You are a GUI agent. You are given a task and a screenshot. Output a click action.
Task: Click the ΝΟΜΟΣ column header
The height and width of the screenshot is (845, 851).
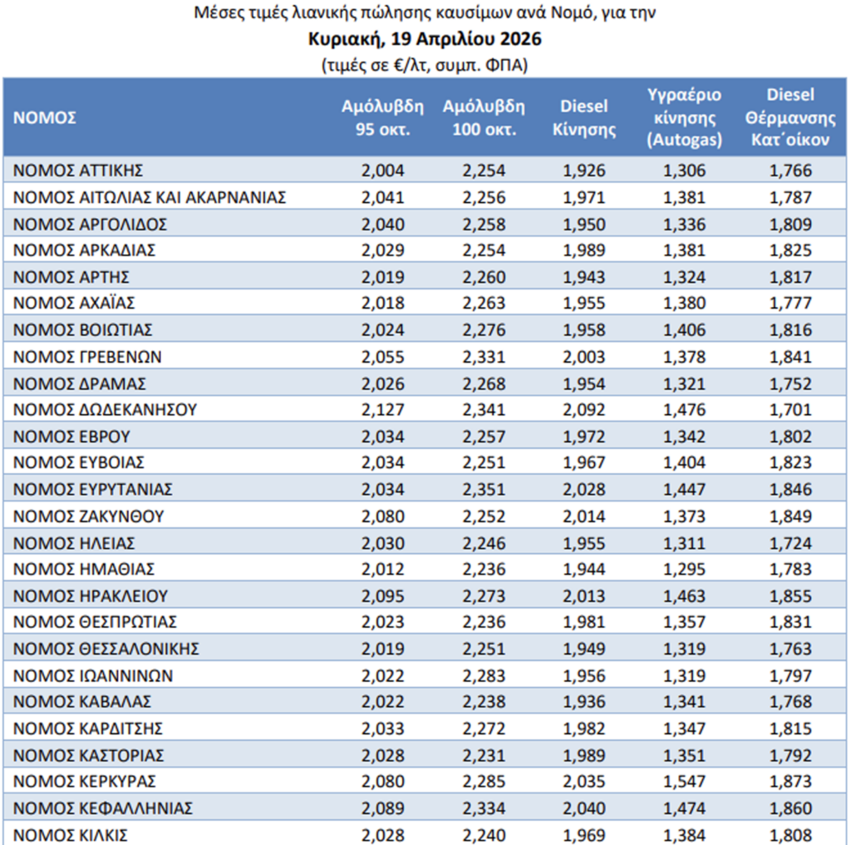(45, 117)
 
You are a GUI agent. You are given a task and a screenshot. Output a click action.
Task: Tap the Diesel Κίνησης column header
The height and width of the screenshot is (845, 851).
(584, 117)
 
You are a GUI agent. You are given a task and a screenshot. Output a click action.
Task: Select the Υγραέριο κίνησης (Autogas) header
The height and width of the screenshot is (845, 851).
(685, 117)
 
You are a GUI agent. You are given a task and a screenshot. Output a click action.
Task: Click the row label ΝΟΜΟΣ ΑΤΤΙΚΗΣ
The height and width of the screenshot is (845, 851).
(79, 170)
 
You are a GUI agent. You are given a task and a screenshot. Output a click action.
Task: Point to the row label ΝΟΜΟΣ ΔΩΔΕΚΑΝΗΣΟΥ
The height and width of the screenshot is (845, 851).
(105, 409)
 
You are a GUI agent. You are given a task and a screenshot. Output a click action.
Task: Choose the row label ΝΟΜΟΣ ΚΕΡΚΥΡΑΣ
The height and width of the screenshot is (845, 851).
(85, 782)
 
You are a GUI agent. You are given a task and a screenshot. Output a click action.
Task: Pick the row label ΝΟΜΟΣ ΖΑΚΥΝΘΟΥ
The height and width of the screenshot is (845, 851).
(88, 516)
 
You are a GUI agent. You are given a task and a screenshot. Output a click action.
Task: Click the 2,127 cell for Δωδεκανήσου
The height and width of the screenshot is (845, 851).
(382, 409)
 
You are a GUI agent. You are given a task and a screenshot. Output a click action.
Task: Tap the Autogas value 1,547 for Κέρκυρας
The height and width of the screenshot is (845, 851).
(685, 782)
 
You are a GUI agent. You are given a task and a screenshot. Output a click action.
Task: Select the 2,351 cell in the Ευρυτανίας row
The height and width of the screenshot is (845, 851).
(484, 489)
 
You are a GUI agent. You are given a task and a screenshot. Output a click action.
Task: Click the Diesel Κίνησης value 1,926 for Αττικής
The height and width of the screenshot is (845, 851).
(584, 170)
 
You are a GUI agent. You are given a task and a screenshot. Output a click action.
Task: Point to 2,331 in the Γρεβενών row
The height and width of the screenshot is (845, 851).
(484, 357)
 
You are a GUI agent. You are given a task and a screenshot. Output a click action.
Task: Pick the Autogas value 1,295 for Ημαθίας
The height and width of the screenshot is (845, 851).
(685, 569)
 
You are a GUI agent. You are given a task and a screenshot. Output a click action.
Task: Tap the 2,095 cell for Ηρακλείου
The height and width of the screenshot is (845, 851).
(382, 595)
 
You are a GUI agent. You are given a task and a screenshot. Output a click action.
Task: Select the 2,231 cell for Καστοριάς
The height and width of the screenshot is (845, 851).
(484, 755)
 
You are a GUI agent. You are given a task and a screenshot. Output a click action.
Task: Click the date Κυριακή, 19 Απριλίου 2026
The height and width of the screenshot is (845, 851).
(425, 39)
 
